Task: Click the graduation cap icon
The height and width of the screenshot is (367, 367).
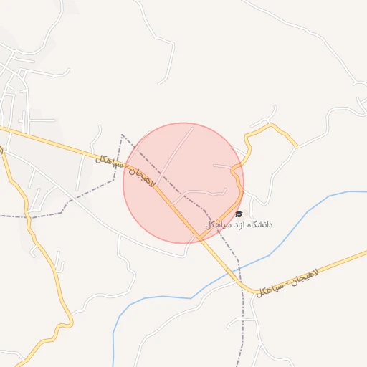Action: click(239, 214)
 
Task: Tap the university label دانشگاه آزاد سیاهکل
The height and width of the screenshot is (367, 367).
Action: click(239, 225)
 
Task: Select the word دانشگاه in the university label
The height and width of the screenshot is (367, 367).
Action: click(258, 225)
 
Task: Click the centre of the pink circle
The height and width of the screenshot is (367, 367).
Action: click(183, 183)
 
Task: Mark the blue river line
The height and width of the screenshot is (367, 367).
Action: click(301, 212)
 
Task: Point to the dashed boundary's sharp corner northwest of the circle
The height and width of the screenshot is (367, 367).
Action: click(122, 134)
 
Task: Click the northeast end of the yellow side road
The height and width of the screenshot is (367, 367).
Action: click(296, 146)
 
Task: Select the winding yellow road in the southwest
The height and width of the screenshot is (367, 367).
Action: click(50, 272)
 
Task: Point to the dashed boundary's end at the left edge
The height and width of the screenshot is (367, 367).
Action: click(1, 216)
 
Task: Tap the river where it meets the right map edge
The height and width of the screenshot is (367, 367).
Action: click(365, 191)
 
